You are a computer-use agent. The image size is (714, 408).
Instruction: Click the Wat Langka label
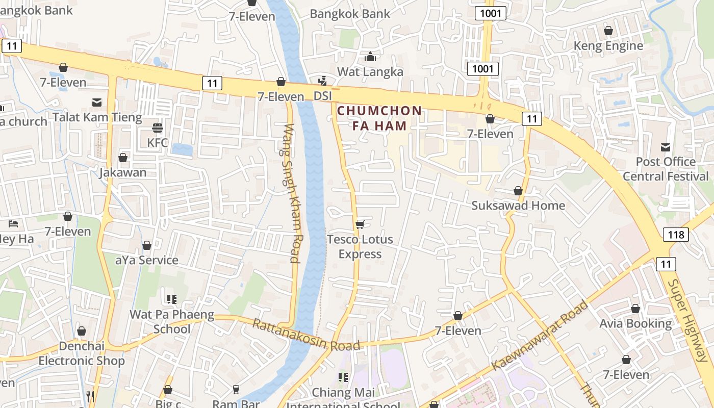pos(370,71)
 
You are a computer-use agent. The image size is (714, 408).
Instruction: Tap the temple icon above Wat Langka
pos(370,57)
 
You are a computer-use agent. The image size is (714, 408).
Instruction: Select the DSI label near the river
pos(322,96)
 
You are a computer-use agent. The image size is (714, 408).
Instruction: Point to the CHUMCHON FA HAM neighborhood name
pos(379,118)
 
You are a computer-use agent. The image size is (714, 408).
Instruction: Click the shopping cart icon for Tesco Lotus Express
pos(360,224)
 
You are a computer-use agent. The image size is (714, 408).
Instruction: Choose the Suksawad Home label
pos(518,206)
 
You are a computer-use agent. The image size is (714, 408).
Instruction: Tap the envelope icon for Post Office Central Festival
pos(666,147)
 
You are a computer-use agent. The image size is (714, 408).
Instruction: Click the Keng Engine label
pos(608,46)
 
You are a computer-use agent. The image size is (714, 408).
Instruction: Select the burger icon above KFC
pos(157,127)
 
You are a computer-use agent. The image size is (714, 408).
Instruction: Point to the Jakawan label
pos(123,172)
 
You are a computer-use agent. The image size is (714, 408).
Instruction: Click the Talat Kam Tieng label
pos(97,117)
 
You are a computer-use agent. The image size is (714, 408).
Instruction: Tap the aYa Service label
pos(147,260)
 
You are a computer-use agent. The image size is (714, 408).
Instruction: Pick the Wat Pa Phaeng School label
pos(172,321)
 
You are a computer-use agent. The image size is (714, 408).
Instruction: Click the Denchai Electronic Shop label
pos(82,353)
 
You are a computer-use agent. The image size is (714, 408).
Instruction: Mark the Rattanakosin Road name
pos(306,335)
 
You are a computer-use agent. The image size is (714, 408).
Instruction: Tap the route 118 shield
pos(676,235)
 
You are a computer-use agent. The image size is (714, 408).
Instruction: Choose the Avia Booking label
pos(635,323)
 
